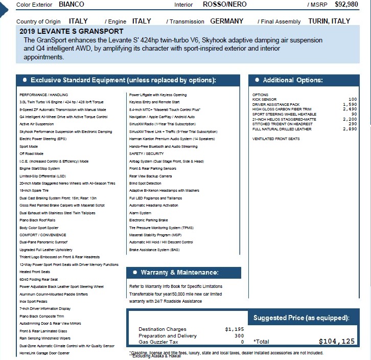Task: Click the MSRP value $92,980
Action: pyautogui.click(x=346, y=5)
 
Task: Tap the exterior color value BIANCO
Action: pyautogui.click(x=72, y=5)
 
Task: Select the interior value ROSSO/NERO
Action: pyautogui.click(x=224, y=5)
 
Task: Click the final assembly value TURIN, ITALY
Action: pyautogui.click(x=329, y=21)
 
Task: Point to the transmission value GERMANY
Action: pyautogui.click(x=226, y=21)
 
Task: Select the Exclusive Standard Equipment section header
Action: pyautogui.click(x=123, y=80)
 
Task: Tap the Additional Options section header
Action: pyautogui.click(x=292, y=80)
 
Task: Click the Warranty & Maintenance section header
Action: pyautogui.click(x=179, y=273)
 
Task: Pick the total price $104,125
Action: pyautogui.click(x=336, y=342)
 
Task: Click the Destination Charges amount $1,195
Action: pyautogui.click(x=235, y=329)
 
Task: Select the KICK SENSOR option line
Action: pyautogui.click(x=265, y=100)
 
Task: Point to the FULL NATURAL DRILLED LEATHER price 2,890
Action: pyautogui.click(x=350, y=129)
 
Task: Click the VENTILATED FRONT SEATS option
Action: pyautogui.click(x=276, y=139)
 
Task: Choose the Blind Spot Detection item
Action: pyautogui.click(x=145, y=183)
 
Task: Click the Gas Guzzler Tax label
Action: pyautogui.click(x=158, y=342)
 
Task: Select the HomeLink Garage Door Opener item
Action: pyautogui.click(x=44, y=353)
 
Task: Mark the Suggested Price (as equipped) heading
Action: pyautogui.click(x=302, y=318)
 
